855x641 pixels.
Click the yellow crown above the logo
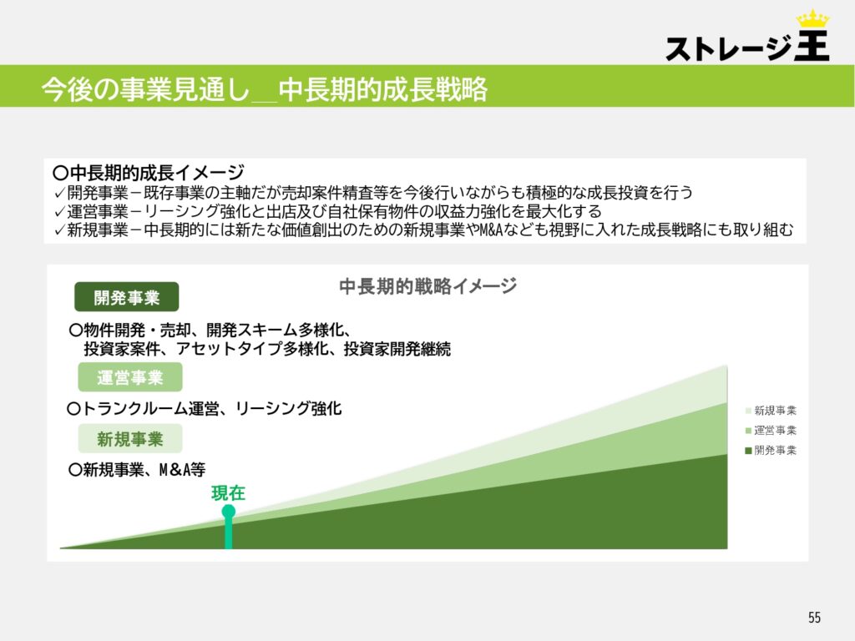click(x=812, y=19)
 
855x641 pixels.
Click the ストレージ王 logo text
click(x=747, y=46)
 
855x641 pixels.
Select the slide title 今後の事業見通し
click(x=145, y=88)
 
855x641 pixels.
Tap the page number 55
click(x=814, y=617)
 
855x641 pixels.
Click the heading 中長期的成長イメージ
click(x=149, y=172)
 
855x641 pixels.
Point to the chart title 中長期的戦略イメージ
click(x=428, y=285)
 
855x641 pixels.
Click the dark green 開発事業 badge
click(x=127, y=297)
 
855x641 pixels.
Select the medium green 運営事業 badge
click(x=129, y=377)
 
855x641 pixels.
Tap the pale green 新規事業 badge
click(x=129, y=439)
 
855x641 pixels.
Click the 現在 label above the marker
click(x=229, y=492)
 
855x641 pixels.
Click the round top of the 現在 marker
click(x=229, y=512)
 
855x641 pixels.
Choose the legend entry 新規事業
click(x=771, y=411)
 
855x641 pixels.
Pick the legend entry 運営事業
click(x=771, y=431)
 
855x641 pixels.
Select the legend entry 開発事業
click(x=771, y=450)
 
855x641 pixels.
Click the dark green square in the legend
click(x=749, y=451)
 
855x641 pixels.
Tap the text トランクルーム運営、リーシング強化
click(x=205, y=408)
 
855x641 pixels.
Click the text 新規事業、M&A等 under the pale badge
click(x=137, y=469)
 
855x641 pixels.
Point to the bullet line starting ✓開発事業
click(x=373, y=193)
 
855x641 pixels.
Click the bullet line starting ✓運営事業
click(x=327, y=211)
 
